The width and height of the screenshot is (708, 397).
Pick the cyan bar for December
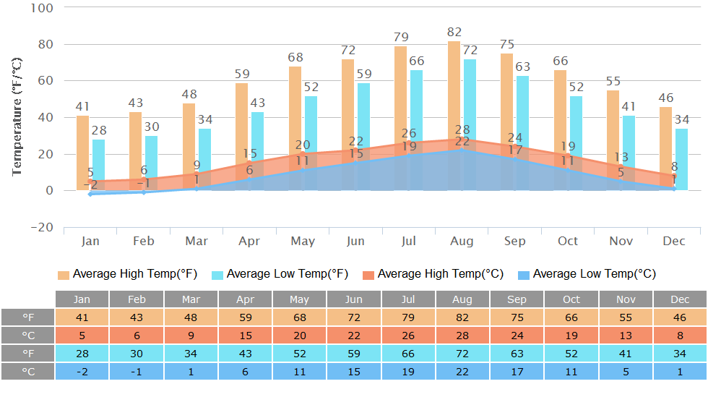(681, 155)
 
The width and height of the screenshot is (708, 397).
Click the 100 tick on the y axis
(43, 8)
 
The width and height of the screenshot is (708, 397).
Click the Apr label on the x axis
(249, 241)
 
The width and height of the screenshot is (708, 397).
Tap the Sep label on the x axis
(515, 241)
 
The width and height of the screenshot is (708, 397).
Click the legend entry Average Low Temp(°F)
(280, 274)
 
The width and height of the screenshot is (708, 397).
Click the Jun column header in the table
(354, 299)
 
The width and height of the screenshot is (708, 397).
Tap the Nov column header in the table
(625, 299)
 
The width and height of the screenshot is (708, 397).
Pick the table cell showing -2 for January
(82, 371)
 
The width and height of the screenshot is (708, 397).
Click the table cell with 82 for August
(462, 317)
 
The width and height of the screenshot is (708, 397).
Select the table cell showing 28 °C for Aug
(462, 336)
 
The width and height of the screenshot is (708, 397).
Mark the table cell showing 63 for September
(517, 353)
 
